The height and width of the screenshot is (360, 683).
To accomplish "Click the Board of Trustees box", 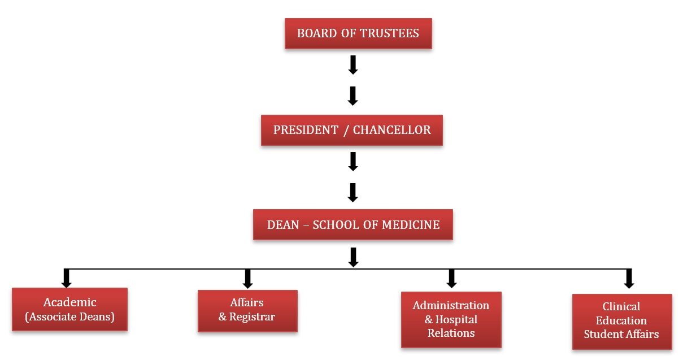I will [x=358, y=33].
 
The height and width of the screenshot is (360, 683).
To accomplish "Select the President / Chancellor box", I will [x=351, y=131].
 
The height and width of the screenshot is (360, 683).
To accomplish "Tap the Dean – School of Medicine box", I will [x=353, y=225].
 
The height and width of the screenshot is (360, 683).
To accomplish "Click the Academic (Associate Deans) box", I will [x=69, y=309].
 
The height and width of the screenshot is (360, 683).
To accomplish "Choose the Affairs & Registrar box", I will [x=247, y=310].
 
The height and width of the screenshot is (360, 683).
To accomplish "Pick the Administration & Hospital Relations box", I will [x=451, y=319].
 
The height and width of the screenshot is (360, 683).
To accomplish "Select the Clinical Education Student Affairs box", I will [x=621, y=320].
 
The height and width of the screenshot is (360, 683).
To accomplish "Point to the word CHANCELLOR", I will [x=392, y=131].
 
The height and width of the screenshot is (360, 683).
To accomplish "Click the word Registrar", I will [x=252, y=316].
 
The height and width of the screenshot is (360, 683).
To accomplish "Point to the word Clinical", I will [x=621, y=307].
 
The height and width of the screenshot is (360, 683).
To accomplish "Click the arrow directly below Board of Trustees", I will [x=353, y=65].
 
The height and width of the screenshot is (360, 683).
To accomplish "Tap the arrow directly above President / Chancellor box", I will [x=353, y=96].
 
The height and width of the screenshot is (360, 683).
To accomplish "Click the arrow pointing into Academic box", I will [x=67, y=278].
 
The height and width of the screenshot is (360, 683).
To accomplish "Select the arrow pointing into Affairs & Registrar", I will [x=247, y=278].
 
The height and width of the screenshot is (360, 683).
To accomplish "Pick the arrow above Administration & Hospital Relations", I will [x=451, y=278].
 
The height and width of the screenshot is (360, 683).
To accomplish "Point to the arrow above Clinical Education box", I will [x=629, y=278].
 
